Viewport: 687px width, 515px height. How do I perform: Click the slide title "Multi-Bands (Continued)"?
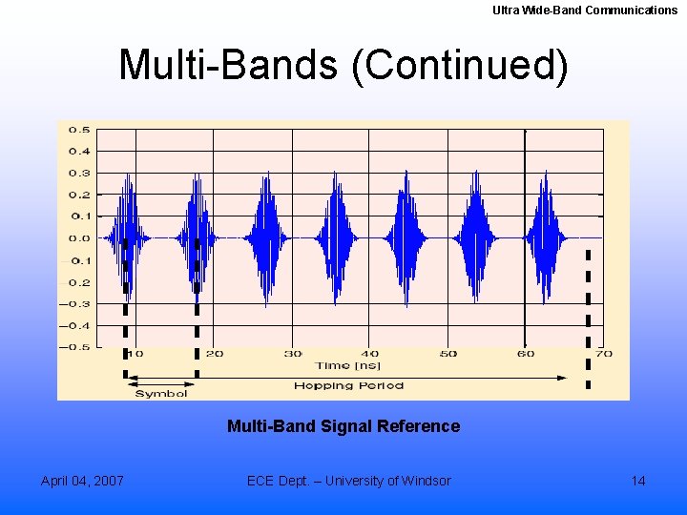(x=343, y=65)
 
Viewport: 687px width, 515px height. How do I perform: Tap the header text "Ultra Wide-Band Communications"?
(x=584, y=10)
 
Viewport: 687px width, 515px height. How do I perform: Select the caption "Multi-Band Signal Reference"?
(x=343, y=426)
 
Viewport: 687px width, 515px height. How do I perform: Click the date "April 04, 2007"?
(x=82, y=481)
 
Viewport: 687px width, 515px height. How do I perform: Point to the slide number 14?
(x=638, y=481)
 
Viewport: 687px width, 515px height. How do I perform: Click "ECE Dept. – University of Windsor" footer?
(x=348, y=481)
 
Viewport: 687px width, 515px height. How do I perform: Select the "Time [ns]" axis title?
(x=347, y=366)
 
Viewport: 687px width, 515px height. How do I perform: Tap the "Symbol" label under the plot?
(x=161, y=393)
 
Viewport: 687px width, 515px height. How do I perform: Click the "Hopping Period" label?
(x=348, y=385)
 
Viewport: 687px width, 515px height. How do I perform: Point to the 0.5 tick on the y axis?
(x=79, y=130)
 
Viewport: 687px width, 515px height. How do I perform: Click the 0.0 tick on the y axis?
(x=79, y=238)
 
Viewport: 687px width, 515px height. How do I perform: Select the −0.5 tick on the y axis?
(x=76, y=347)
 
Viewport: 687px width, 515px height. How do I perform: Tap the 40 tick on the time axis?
(x=370, y=354)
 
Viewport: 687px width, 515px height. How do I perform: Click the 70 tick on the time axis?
(x=603, y=354)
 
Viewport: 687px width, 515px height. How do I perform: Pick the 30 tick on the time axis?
(x=292, y=354)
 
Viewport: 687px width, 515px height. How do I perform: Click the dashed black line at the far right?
(x=588, y=315)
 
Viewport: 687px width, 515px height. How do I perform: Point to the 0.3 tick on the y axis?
(x=79, y=173)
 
